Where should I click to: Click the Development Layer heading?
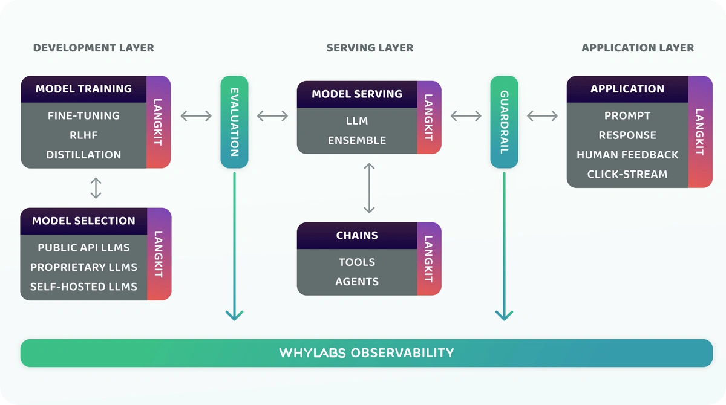(93, 48)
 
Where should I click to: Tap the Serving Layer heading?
(370, 48)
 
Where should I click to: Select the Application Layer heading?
(638, 48)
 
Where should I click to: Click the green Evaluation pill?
(234, 122)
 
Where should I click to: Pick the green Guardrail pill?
(505, 122)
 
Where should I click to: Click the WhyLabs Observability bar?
(367, 353)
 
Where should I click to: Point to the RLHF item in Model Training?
(83, 135)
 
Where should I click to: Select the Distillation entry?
(83, 155)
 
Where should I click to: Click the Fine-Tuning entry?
(83, 115)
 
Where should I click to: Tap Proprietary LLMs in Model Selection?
(83, 267)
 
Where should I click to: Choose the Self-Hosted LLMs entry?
(83, 287)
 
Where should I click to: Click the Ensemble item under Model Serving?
(357, 140)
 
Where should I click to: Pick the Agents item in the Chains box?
(357, 282)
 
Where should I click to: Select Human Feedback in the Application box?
(627, 155)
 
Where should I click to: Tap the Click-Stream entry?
(627, 174)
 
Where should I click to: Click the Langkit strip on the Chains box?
(429, 259)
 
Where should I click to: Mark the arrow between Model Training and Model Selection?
(96, 188)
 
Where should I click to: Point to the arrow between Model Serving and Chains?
(369, 188)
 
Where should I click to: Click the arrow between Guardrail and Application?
(542, 116)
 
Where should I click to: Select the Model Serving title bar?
(357, 94)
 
